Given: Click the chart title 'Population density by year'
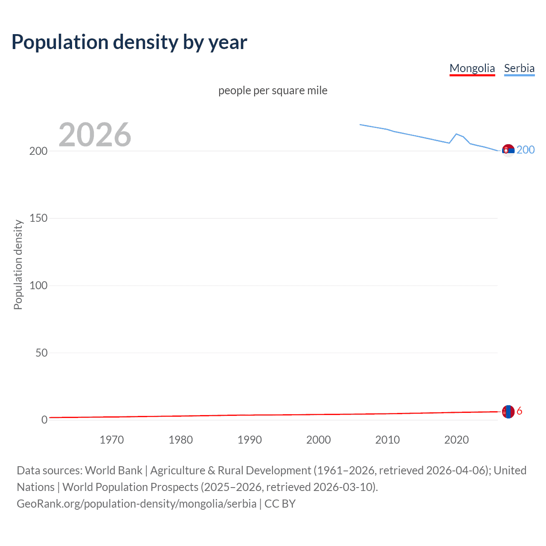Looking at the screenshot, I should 129,42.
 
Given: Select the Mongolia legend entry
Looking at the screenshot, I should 472,68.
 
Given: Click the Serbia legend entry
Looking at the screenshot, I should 519,68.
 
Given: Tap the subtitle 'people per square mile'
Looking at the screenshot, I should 273,90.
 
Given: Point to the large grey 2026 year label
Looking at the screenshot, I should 95,135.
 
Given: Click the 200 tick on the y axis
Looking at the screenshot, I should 38,151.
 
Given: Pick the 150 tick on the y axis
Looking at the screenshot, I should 38,218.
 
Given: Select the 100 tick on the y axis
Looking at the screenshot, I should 38,285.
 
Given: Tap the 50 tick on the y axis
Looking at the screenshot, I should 41,353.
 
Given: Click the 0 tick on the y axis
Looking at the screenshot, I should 44,420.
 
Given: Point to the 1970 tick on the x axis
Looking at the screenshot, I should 112,440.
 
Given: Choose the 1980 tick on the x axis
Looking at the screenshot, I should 180,440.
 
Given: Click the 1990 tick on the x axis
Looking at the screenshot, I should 250,440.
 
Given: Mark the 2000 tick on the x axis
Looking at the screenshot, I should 319,440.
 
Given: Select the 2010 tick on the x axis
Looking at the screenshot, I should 387,440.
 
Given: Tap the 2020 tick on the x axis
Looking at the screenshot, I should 456,440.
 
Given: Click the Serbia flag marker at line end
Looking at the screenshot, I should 508,150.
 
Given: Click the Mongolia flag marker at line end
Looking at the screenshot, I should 508,412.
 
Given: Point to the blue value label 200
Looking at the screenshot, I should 526,150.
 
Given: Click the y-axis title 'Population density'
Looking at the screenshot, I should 18,264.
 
